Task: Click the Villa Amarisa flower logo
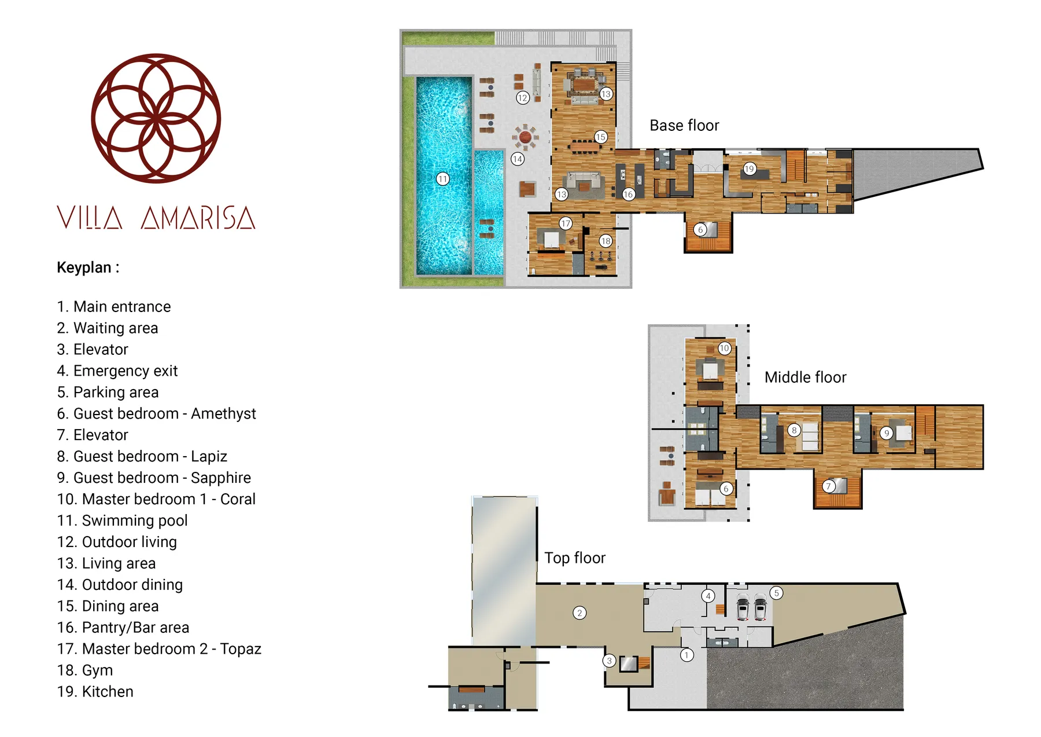[156, 119]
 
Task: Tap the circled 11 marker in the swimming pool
[442, 179]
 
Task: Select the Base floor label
[684, 126]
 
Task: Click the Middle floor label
[804, 377]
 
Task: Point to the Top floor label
[574, 558]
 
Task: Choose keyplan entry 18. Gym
[85, 670]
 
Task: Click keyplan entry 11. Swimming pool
[122, 520]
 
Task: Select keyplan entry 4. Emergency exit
[117, 371]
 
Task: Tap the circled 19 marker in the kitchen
[749, 169]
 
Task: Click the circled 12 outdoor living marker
[522, 98]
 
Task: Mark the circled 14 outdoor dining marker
[517, 159]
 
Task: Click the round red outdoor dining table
[525, 137]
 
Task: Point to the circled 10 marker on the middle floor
[724, 348]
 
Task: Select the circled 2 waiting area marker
[579, 613]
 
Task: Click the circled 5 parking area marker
[776, 593]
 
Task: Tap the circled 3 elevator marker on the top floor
[608, 661]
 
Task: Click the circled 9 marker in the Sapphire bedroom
[886, 433]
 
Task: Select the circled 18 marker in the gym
[606, 241]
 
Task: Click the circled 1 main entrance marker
[686, 655]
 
